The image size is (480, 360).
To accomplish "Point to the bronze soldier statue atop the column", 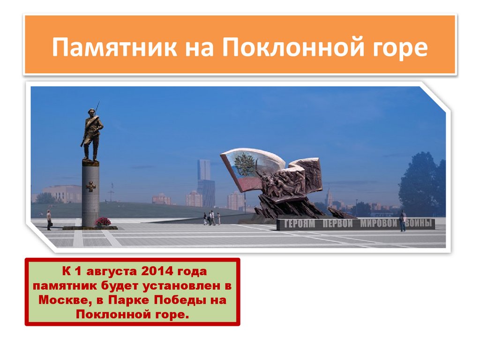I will click(91, 134).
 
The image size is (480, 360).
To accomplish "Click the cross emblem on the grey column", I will click(90, 186).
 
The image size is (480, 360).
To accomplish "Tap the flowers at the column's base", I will click(103, 222).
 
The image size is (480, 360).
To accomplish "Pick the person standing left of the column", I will click(49, 219).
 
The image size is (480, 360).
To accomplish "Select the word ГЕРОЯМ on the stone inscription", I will click(300, 224).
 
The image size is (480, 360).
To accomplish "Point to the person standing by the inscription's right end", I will click(402, 221).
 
